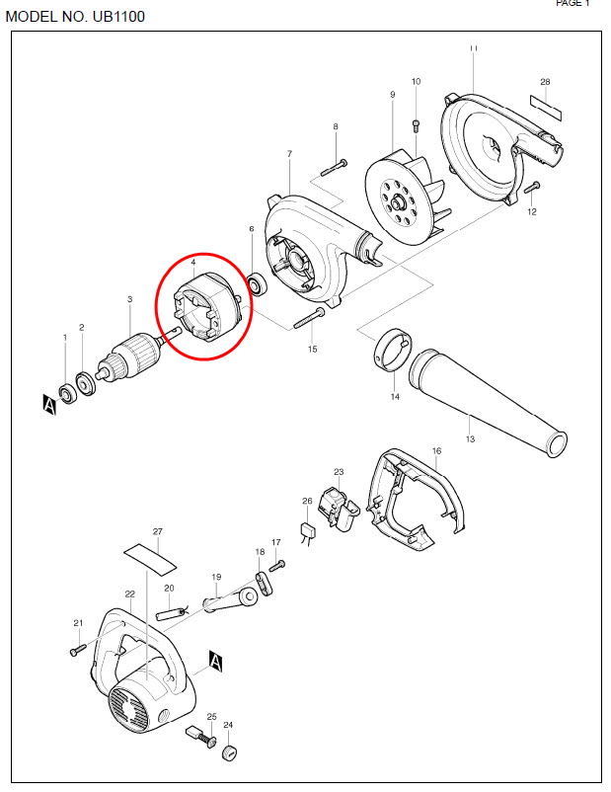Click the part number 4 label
[x=193, y=264]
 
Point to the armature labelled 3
[x=132, y=353]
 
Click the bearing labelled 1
[x=67, y=394]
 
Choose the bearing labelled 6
[x=258, y=285]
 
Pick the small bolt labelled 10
[x=416, y=123]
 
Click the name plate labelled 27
[x=150, y=556]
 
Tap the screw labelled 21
[x=79, y=650]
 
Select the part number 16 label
[x=436, y=450]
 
